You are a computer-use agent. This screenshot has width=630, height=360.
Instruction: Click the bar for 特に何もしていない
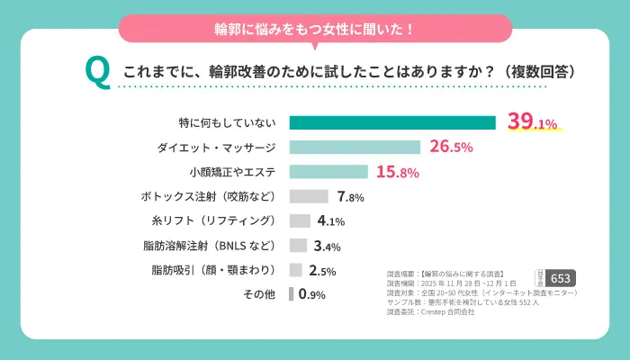(x=392, y=122)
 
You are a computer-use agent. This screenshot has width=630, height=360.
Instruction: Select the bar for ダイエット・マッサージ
(x=355, y=147)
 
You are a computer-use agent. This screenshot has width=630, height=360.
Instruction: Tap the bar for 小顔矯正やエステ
(x=328, y=171)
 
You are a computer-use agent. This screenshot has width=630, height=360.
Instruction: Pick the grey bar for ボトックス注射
(x=309, y=196)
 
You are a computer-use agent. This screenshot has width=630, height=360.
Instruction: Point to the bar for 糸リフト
(x=299, y=220)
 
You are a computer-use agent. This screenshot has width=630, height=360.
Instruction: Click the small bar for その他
(x=292, y=293)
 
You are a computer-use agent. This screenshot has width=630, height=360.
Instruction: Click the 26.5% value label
(x=451, y=147)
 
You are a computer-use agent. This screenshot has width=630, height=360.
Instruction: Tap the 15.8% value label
(x=397, y=171)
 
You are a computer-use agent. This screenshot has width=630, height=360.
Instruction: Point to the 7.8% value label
(x=350, y=196)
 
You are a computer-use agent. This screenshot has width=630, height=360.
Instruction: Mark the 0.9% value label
(x=311, y=293)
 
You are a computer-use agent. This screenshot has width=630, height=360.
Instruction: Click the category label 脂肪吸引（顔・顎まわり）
(x=215, y=269)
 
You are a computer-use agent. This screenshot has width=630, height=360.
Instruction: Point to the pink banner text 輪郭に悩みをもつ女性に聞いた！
(x=315, y=29)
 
